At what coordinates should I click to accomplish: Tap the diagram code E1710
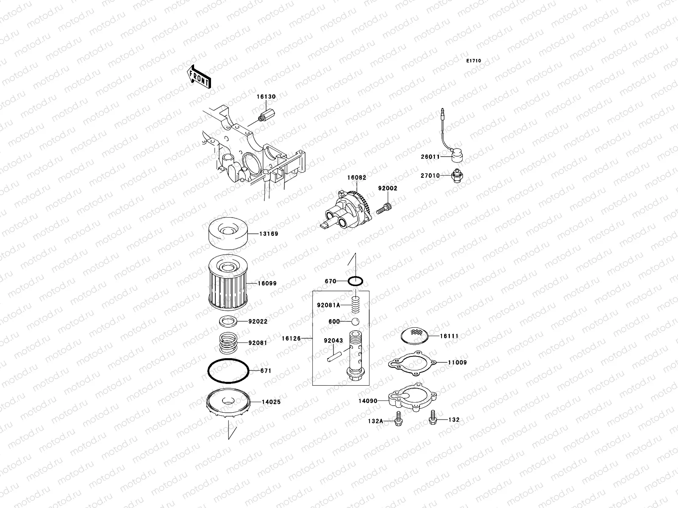[474, 61]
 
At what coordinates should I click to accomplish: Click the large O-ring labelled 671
[228, 371]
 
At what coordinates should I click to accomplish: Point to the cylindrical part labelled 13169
[228, 234]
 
